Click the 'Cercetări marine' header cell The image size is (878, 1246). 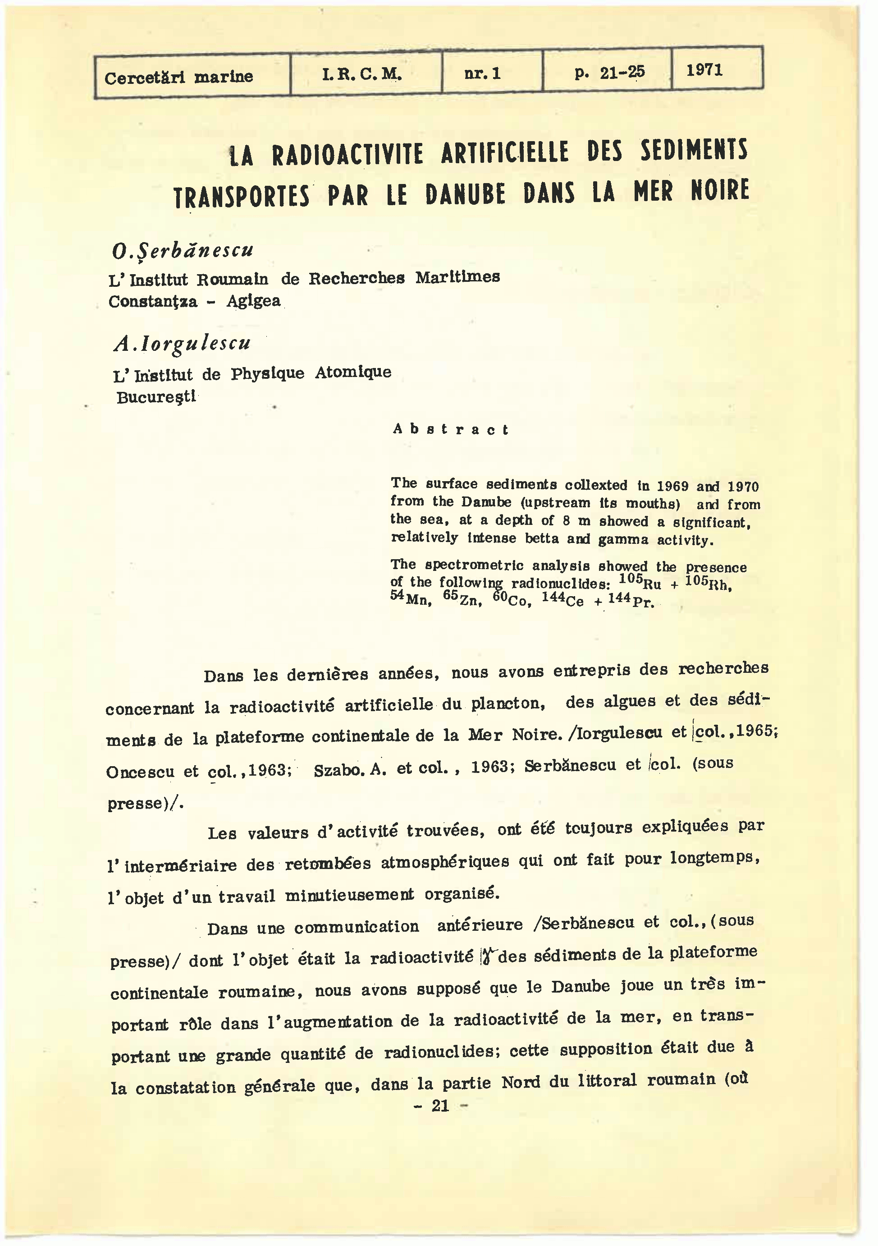click(x=178, y=77)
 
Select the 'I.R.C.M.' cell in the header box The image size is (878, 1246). click(x=362, y=74)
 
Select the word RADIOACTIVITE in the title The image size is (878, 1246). click(x=347, y=155)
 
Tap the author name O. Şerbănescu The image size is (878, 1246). click(x=182, y=250)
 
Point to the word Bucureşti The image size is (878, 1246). click(x=156, y=397)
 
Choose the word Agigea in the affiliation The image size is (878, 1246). click(x=253, y=301)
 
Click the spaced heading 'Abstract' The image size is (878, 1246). click(x=451, y=429)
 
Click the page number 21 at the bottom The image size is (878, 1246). click(x=440, y=1105)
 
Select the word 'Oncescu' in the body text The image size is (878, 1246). click(x=140, y=772)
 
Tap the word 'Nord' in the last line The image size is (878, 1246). click(x=521, y=1081)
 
